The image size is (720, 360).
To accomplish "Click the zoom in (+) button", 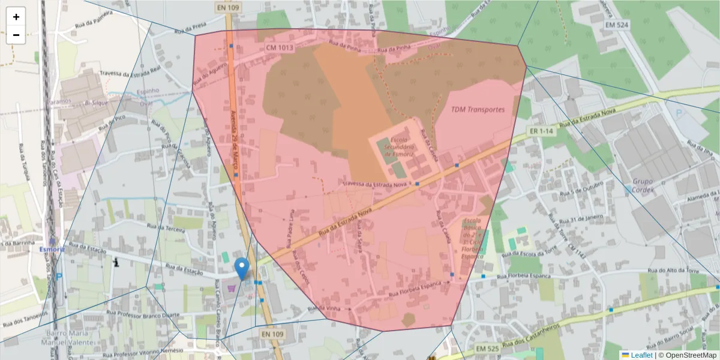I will click(x=16, y=17).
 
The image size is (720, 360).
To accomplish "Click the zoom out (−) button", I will click(x=16, y=35).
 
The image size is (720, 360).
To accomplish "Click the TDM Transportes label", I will click(x=478, y=110).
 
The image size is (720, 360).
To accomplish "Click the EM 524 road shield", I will click(x=617, y=25).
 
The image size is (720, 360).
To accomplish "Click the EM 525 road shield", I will click(x=488, y=349).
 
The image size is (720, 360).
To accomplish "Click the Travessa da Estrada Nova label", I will click(x=374, y=184).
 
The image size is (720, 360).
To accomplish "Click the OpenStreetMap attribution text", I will click(x=691, y=355).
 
